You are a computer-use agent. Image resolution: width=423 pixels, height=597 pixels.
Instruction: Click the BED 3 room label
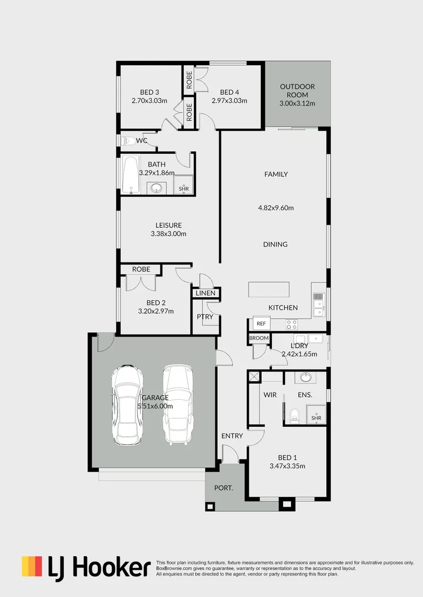[x=149, y=92]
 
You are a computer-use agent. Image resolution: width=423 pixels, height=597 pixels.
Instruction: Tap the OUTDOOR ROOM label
[x=297, y=87]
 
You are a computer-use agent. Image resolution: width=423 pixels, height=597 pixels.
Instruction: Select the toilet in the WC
[x=127, y=140]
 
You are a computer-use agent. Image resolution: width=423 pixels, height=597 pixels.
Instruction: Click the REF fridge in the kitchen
[x=261, y=323]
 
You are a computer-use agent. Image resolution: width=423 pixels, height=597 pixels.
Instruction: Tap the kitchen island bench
[x=269, y=290]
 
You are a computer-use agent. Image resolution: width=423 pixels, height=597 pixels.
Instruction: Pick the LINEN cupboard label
[x=205, y=293]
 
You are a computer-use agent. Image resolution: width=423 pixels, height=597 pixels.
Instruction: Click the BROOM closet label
[x=259, y=338]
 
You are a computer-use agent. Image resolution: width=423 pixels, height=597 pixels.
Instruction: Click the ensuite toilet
[x=295, y=414]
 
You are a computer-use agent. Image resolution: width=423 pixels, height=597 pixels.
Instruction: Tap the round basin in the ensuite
[x=305, y=378]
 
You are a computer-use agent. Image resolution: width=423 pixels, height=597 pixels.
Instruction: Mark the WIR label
[x=270, y=395]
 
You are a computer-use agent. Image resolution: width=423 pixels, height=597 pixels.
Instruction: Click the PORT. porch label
[x=223, y=488]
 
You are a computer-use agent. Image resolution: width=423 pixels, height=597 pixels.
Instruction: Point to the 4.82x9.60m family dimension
[x=276, y=208]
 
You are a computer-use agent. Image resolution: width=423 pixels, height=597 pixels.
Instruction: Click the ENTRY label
[x=232, y=436]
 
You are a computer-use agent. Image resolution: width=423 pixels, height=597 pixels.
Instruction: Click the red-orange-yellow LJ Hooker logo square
[x=32, y=567]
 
